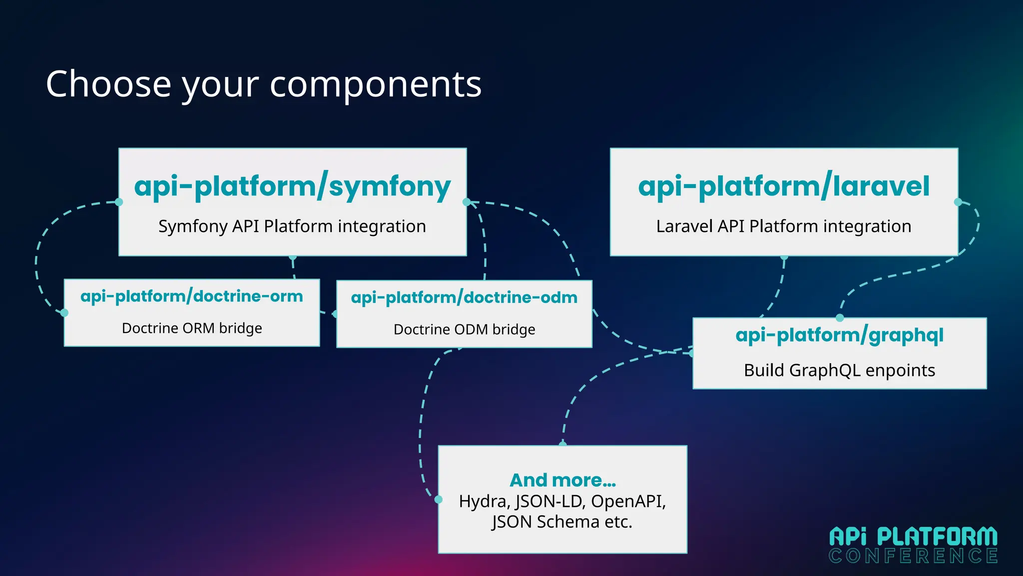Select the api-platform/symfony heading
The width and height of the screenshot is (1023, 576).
[x=292, y=186]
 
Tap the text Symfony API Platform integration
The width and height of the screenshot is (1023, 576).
[x=292, y=226]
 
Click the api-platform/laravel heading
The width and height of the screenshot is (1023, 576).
[x=783, y=186]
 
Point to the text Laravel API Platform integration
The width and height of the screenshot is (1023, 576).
[x=783, y=226]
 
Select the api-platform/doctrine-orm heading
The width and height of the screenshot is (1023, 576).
[x=192, y=296]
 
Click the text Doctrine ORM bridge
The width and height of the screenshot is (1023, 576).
[x=192, y=328]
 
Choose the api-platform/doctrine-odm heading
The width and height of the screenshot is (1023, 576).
[x=464, y=298]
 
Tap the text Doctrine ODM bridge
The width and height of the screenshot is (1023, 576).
[x=464, y=330]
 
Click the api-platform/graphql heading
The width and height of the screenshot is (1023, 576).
[x=839, y=335]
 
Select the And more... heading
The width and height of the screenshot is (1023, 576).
[x=562, y=480]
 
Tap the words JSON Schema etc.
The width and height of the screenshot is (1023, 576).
[x=562, y=522]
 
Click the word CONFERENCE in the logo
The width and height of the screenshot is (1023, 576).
[x=913, y=556]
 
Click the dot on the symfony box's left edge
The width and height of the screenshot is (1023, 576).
[x=119, y=202]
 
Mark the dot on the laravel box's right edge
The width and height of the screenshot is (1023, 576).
[x=958, y=202]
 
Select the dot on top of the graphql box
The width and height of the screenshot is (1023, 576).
[x=840, y=318]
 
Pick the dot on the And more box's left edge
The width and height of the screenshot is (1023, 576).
[x=439, y=499]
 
